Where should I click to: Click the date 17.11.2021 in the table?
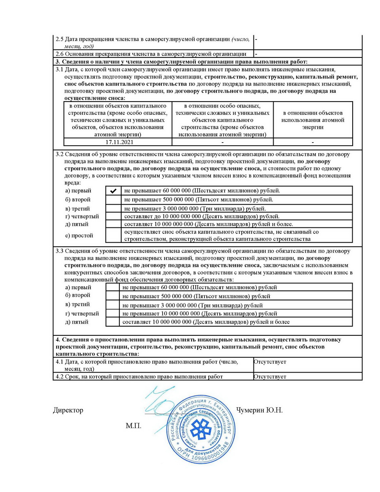click(119, 142)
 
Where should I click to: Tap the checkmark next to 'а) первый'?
click(113, 191)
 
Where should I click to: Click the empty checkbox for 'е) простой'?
click(113, 235)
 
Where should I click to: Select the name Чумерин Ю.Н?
click(259, 410)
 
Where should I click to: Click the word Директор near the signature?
click(68, 410)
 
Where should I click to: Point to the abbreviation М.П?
click(133, 426)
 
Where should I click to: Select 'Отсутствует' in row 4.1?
click(270, 362)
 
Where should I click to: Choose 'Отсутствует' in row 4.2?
click(270, 377)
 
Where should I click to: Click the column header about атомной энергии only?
click(313, 120)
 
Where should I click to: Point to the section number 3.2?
click(59, 154)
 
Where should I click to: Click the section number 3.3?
click(59, 251)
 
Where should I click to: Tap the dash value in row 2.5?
click(256, 39)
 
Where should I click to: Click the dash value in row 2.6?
click(256, 54)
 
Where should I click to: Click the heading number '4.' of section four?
click(58, 340)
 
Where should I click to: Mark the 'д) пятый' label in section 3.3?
click(77, 322)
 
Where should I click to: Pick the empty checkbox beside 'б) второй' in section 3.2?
click(113, 200)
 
